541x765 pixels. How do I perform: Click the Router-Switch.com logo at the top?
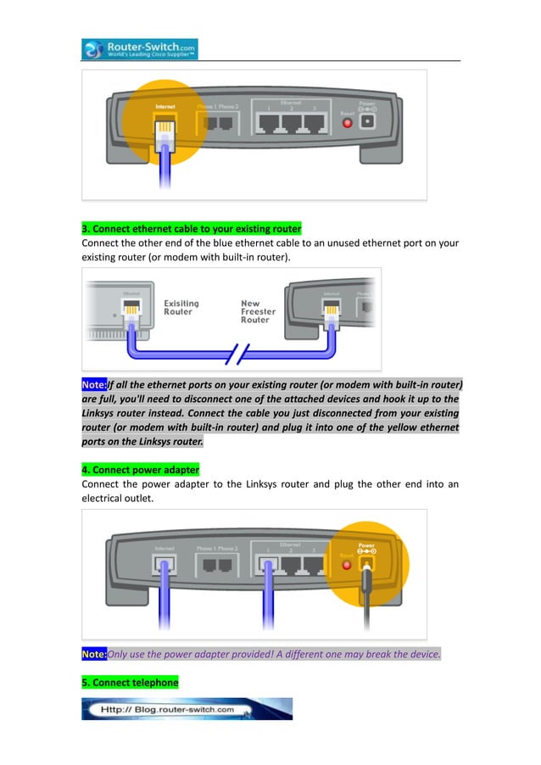[x=139, y=49]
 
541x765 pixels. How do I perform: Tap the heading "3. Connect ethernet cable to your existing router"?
[x=191, y=229]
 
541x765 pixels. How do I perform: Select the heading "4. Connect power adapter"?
[x=140, y=469]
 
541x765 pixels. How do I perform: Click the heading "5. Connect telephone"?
[x=130, y=682]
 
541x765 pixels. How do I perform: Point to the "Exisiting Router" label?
[x=181, y=307]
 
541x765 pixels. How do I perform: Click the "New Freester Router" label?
[x=258, y=311]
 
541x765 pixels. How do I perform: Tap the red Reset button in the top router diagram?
[x=347, y=123]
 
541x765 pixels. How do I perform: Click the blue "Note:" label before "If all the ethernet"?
[x=94, y=383]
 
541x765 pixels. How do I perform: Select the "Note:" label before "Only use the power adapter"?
[x=94, y=654]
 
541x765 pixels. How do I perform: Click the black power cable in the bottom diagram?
[x=366, y=602]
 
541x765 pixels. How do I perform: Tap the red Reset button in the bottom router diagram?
[x=346, y=563]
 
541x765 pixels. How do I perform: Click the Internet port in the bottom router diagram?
[x=165, y=562]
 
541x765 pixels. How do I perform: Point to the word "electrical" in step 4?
[x=104, y=500]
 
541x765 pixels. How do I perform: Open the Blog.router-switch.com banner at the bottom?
[x=187, y=709]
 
